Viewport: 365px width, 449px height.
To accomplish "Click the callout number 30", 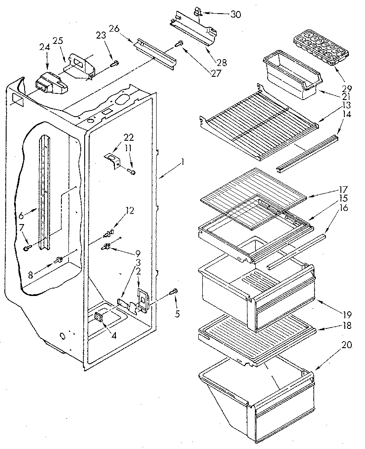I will pos(235,14).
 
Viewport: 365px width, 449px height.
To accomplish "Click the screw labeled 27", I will pos(179,43).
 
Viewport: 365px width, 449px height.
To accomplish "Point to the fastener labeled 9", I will pos(106,246).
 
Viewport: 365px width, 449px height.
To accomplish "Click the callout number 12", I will pos(128,210).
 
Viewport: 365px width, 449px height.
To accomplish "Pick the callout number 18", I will pos(347,326).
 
